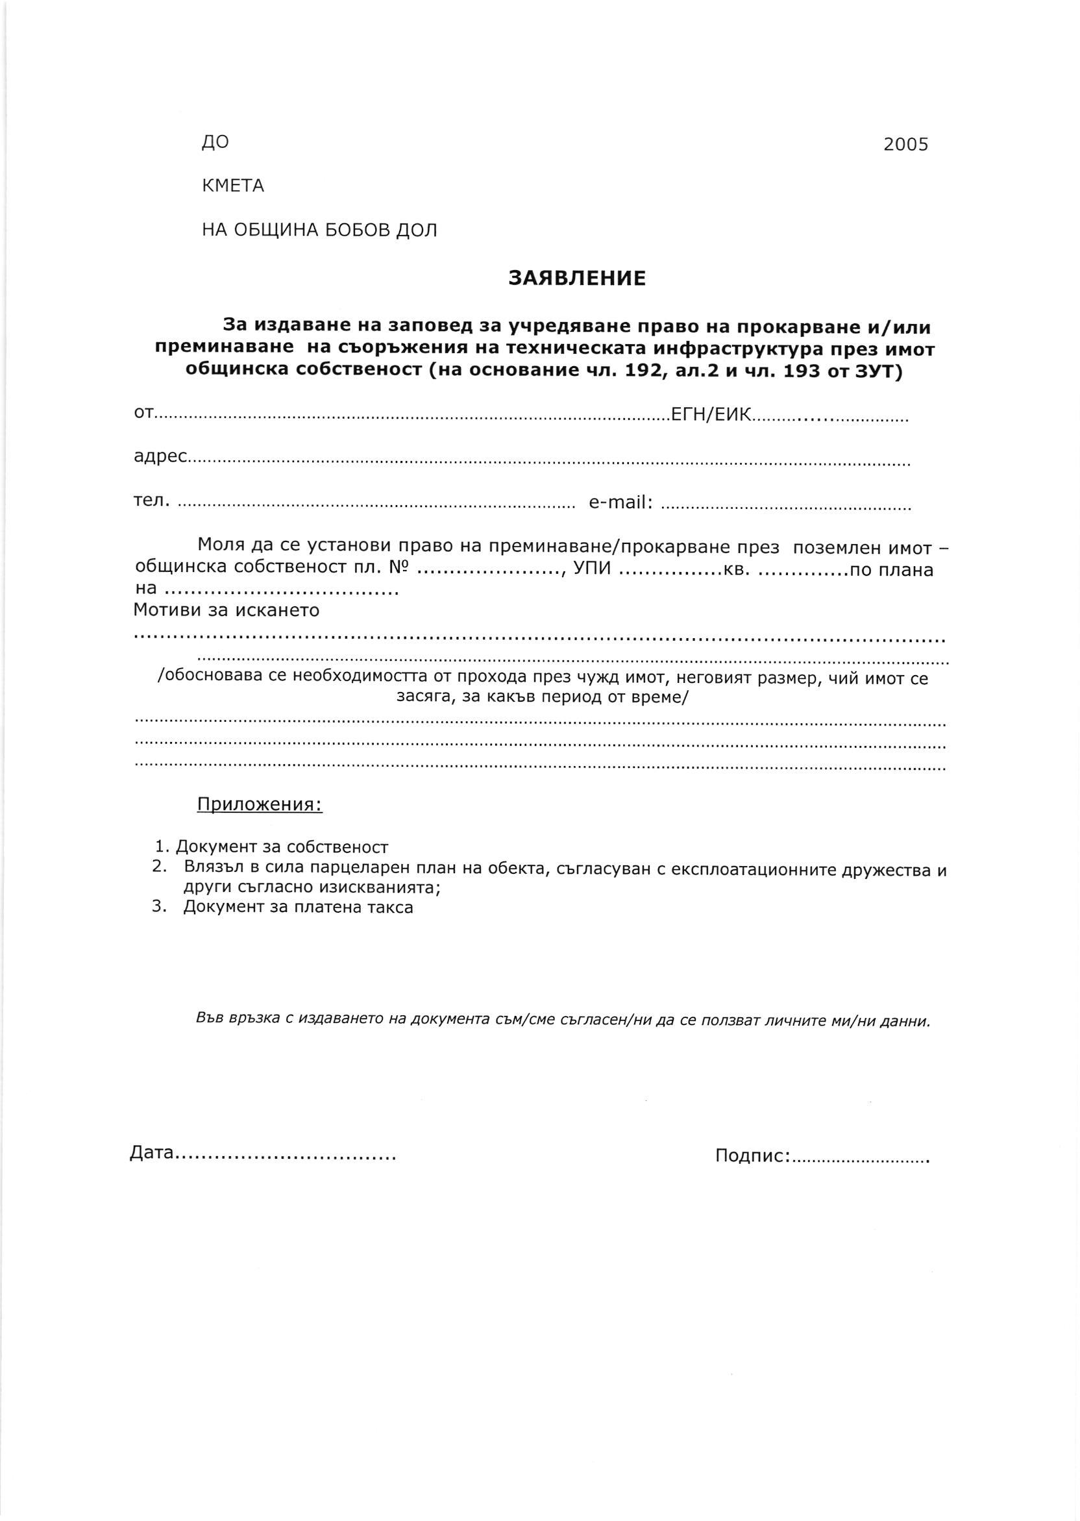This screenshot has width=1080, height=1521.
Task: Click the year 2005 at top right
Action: (x=905, y=144)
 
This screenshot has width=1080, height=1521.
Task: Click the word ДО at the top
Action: (x=215, y=142)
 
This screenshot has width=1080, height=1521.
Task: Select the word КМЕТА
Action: (x=233, y=186)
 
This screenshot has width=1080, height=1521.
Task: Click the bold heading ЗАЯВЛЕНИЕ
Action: (x=576, y=278)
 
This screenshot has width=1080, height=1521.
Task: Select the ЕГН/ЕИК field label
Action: (x=711, y=415)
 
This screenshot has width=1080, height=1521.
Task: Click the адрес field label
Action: (x=160, y=457)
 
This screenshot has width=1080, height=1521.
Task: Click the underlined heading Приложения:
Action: (x=260, y=805)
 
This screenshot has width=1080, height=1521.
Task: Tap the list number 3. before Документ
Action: (x=158, y=906)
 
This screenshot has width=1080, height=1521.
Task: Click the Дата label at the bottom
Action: (x=152, y=1152)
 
